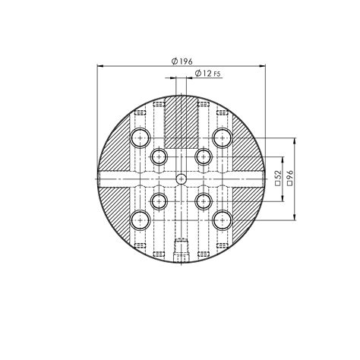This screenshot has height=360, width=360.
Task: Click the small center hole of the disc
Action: [x=181, y=178]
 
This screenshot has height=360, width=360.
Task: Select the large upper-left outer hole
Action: [x=140, y=137]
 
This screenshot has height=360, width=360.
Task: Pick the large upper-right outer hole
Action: [x=222, y=137]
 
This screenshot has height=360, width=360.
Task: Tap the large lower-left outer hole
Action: [x=140, y=219]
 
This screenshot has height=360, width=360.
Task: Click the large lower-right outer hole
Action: [x=222, y=219]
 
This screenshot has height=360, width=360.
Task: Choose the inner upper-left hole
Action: [x=159, y=156]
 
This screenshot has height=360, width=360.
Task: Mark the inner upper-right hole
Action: [x=203, y=156]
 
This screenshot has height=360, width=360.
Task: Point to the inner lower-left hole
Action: [x=159, y=201]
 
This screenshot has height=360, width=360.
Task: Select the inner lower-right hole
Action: [x=203, y=201]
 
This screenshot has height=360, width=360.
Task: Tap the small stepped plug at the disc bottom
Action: [x=181, y=250]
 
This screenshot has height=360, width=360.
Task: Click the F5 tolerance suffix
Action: [x=217, y=74]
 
